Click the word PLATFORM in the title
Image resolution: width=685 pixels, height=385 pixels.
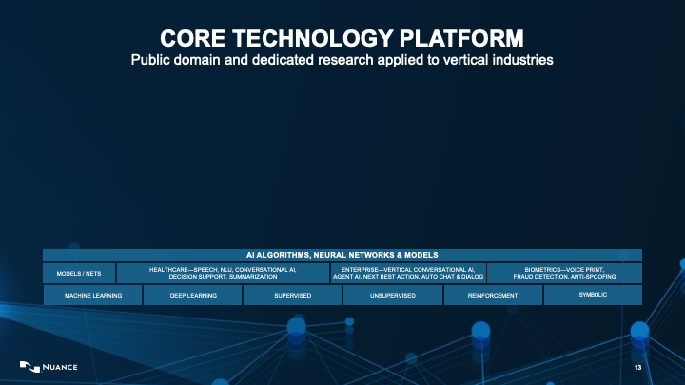460,38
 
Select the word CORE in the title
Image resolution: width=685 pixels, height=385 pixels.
192,38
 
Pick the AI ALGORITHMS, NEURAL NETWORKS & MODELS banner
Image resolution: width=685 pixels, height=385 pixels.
342,255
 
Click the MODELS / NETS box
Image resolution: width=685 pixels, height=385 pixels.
79,273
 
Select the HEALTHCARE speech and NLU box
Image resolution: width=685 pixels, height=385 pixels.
223,273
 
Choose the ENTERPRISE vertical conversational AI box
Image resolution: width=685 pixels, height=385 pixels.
408,273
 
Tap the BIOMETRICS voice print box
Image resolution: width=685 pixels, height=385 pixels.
564,273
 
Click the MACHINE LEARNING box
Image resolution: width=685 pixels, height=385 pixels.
92,295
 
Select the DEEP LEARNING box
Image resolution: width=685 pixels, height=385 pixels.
192,295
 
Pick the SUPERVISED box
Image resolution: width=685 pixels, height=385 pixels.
292,295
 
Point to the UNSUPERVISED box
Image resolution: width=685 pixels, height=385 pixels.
392,295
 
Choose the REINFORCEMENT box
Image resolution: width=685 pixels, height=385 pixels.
493,295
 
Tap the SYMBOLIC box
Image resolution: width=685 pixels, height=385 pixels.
593,295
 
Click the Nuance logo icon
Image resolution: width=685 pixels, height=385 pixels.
29,367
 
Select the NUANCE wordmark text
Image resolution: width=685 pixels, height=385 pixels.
60,367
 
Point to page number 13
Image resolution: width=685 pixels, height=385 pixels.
637,368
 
